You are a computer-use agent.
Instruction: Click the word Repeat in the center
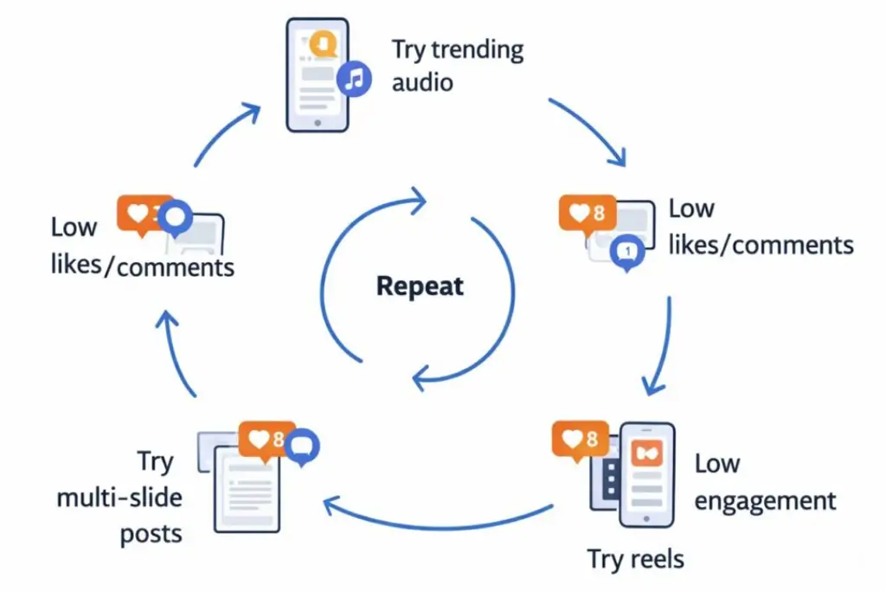[x=420, y=286]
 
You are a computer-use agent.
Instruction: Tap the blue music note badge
[x=354, y=79]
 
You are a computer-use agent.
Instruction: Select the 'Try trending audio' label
[x=458, y=66]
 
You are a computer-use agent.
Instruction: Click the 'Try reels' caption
[x=636, y=559]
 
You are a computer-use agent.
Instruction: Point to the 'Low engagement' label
[x=765, y=482]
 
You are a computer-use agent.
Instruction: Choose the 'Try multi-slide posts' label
[x=119, y=498]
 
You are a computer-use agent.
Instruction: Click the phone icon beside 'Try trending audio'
[x=317, y=75]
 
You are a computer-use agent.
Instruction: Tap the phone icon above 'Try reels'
[x=647, y=474]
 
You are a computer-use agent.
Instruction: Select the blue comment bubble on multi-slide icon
[x=302, y=446]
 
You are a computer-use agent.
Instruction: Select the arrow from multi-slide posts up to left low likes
[x=173, y=353]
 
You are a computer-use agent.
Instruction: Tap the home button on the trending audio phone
[x=318, y=123]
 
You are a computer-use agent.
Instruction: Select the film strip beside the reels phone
[x=609, y=479]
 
